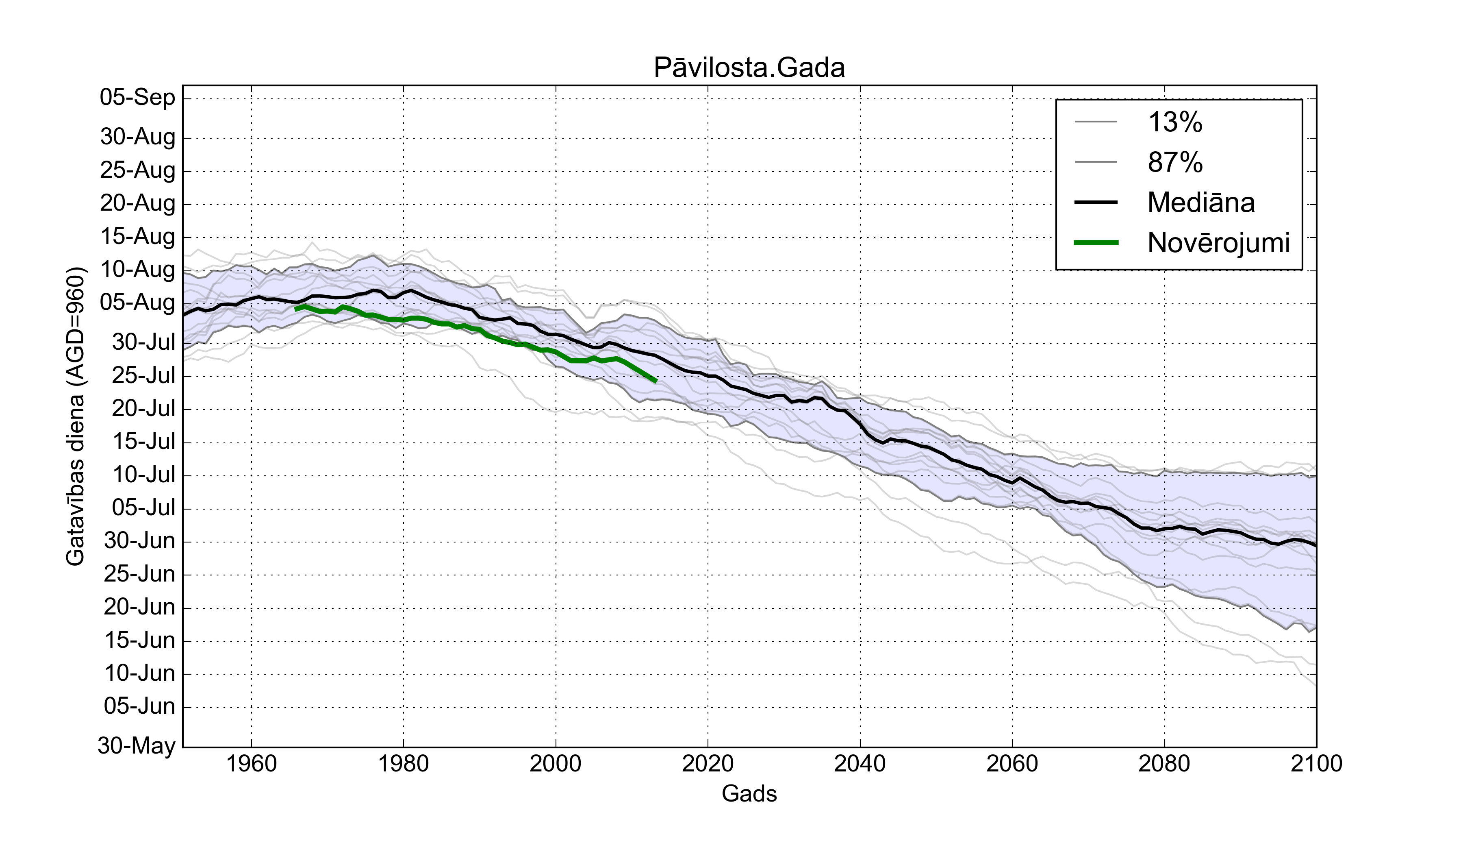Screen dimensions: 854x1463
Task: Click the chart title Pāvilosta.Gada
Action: pyautogui.click(x=749, y=68)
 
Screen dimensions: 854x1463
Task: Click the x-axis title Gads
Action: pyautogui.click(x=749, y=793)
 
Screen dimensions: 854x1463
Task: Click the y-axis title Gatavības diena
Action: pyautogui.click(x=76, y=416)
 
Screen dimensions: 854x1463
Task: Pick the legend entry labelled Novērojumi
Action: pyautogui.click(x=1218, y=243)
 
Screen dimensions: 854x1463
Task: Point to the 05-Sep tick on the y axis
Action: pyautogui.click(x=138, y=97)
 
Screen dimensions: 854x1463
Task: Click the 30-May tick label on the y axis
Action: pyautogui.click(x=137, y=745)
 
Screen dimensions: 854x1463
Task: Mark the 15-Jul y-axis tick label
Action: pyautogui.click(x=143, y=442)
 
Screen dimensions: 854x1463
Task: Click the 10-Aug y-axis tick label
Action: pyautogui.click(x=138, y=270)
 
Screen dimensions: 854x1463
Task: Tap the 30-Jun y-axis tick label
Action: pyautogui.click(x=139, y=541)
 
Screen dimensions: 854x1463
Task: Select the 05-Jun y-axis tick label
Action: pyautogui.click(x=139, y=706)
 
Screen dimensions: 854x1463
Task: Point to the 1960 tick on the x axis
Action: pyautogui.click(x=252, y=763)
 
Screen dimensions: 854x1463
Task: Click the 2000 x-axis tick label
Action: pyautogui.click(x=556, y=763)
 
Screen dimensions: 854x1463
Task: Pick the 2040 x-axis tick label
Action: pyautogui.click(x=860, y=763)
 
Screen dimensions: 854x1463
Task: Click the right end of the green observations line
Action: pyautogui.click(x=656, y=381)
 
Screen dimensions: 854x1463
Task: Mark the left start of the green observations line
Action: pyautogui.click(x=295, y=309)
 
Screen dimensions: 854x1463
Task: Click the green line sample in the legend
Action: pyautogui.click(x=1096, y=243)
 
